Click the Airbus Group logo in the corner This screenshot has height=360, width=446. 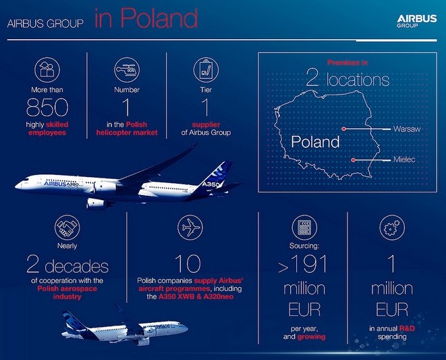point(417,21)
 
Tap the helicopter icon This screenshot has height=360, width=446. point(127,70)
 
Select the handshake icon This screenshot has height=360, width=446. point(67,228)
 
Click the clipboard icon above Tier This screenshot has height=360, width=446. point(206,70)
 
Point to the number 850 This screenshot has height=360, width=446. point(47,107)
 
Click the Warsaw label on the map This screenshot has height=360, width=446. point(407,129)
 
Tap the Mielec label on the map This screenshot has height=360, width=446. point(404,159)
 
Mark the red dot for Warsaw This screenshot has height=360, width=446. point(344,129)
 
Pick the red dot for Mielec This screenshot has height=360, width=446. point(353,160)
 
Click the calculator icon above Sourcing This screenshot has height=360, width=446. point(304,228)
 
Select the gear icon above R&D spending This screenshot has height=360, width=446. point(392,228)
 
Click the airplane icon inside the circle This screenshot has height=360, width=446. point(190,228)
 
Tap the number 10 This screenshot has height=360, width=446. point(188,263)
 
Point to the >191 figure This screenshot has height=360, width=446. point(303,263)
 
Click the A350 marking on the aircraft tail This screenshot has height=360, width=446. point(211,184)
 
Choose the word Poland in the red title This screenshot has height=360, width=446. point(159,18)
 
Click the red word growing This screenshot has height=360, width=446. point(311,337)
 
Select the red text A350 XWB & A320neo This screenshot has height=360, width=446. point(196,297)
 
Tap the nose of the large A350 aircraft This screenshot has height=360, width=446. point(16,186)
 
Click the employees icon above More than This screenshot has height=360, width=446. point(47,70)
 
